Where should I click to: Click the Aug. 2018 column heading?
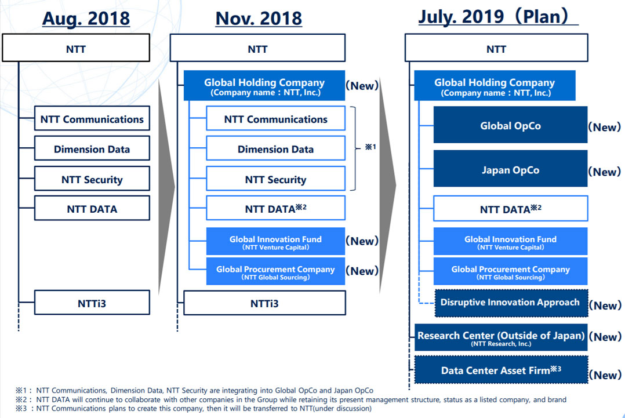tap(86, 18)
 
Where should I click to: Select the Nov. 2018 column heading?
tap(259, 18)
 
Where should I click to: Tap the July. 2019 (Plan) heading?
tap(497, 16)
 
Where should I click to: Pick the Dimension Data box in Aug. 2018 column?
tap(92, 149)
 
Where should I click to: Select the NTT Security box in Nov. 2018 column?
tap(275, 179)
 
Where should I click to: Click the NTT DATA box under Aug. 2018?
tap(92, 209)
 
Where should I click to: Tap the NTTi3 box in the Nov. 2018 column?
tap(264, 303)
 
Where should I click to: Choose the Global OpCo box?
tap(510, 125)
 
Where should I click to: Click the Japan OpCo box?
tap(510, 170)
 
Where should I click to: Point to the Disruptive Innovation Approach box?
tap(510, 302)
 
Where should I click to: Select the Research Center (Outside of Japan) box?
tap(501, 337)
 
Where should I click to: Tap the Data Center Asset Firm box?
tap(501, 370)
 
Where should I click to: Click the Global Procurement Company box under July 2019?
tap(510, 271)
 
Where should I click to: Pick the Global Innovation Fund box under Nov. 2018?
tap(275, 241)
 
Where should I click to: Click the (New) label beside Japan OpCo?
tap(604, 172)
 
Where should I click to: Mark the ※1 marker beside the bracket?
tap(370, 147)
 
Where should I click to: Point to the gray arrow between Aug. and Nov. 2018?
tap(167, 186)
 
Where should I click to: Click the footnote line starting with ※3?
tap(191, 409)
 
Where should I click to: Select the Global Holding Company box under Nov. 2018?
tap(264, 86)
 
